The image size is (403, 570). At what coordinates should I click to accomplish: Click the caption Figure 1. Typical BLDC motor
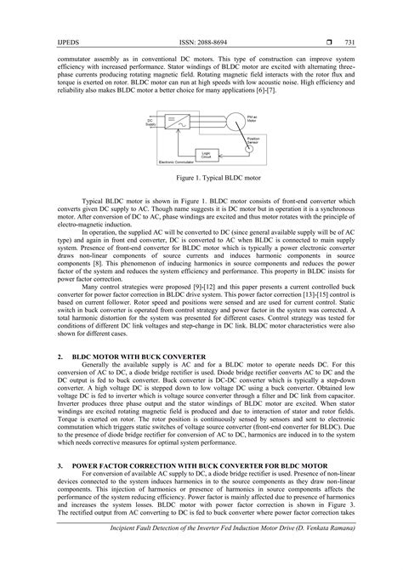pyautogui.click(x=201, y=180)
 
